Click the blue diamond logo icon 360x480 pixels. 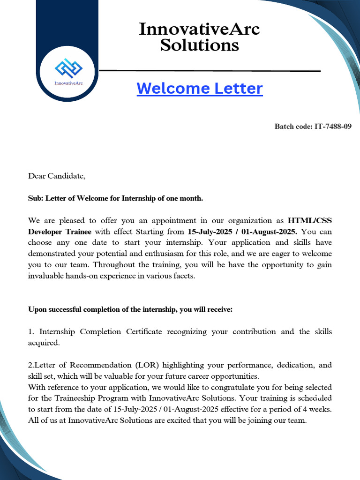click(68, 68)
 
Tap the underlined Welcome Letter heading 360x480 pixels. click(200, 88)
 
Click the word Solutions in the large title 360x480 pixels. click(199, 45)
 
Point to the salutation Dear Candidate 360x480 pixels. click(57, 176)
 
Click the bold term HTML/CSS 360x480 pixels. click(310, 220)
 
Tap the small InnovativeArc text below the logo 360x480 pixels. click(68, 83)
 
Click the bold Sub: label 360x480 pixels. click(36, 198)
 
